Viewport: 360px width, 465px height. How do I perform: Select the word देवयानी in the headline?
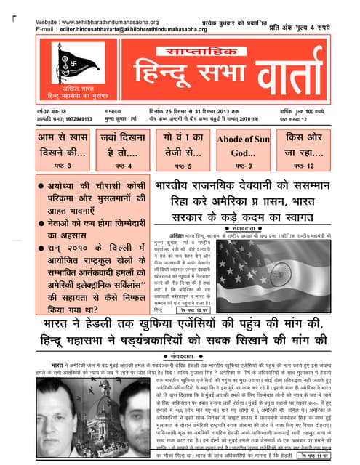[264, 187]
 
